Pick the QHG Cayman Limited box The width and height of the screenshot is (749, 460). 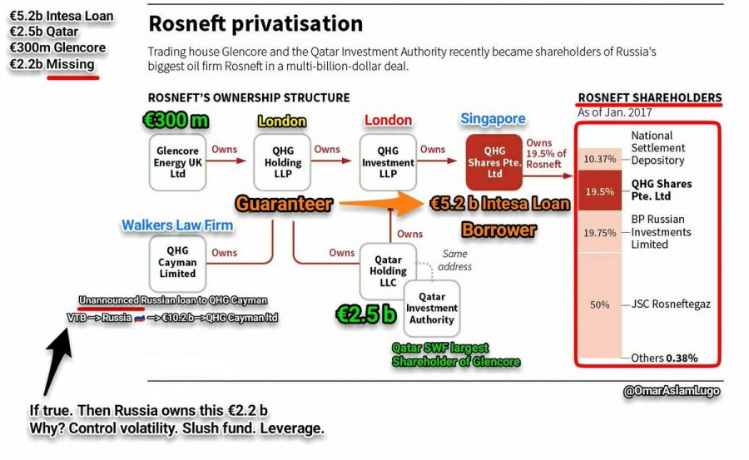[176, 261]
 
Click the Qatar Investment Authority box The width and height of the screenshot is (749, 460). [431, 308]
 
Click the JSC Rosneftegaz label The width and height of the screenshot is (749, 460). [671, 304]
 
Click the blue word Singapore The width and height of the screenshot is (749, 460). [493, 120]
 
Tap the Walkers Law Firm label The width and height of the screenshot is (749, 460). [177, 225]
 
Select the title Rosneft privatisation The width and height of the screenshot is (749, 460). [255, 23]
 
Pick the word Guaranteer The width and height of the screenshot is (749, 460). [283, 203]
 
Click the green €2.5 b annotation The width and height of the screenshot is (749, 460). [366, 314]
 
